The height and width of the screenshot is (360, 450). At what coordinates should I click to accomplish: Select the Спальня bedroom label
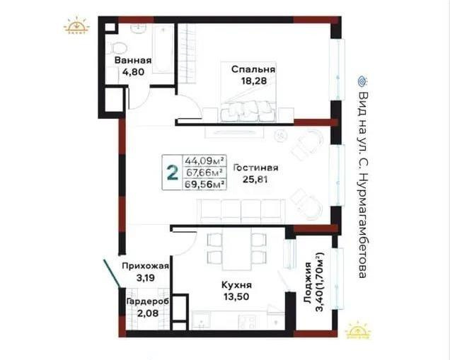[x=253, y=69]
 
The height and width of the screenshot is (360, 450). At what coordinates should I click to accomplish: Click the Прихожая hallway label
[x=145, y=266]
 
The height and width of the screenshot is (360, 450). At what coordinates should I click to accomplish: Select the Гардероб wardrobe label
[x=146, y=301]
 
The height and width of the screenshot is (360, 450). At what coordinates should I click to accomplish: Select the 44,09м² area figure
[x=204, y=160]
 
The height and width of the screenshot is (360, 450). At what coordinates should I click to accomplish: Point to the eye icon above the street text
[x=362, y=80]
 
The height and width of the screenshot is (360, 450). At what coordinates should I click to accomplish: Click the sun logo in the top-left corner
[x=76, y=27]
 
